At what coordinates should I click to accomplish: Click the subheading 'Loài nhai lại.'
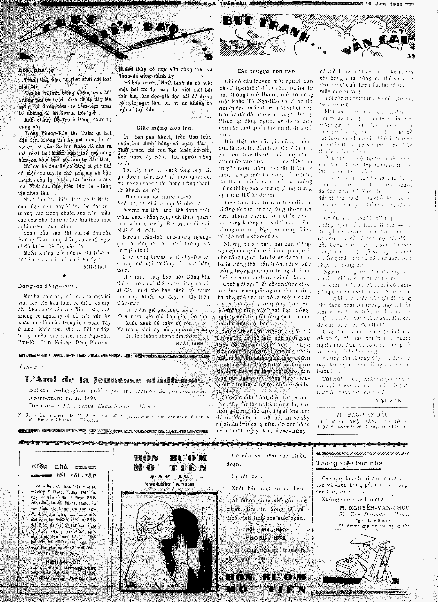[38, 70]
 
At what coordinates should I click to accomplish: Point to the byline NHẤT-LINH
[190, 343]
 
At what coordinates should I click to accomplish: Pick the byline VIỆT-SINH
[388, 400]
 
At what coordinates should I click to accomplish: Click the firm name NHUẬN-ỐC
[63, 561]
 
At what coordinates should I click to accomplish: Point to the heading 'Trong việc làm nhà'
[349, 463]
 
